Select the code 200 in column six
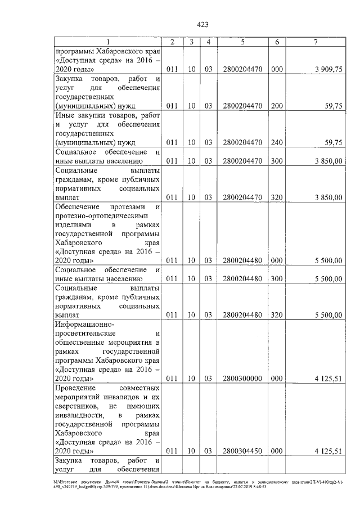coord(276,106)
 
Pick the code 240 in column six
coord(276,143)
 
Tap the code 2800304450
coord(242,451)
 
